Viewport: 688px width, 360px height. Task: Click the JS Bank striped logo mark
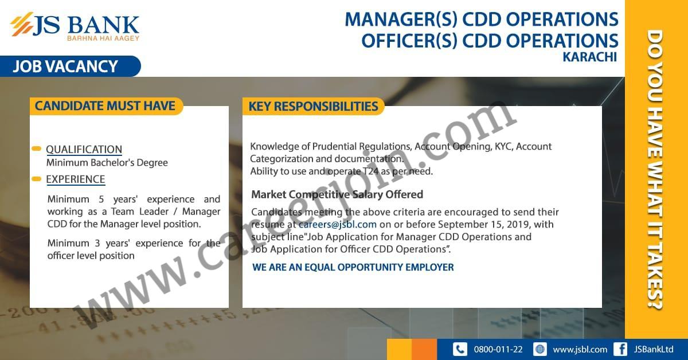[22, 24]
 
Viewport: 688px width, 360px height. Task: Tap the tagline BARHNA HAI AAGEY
[103, 38]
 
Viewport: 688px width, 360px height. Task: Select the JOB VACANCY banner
[70, 66]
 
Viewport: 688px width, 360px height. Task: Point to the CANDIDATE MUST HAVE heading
[105, 106]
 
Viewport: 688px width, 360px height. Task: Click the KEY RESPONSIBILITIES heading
[313, 106]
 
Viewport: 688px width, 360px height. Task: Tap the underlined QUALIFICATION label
[84, 150]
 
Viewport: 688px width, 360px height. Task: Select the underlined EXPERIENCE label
[76, 179]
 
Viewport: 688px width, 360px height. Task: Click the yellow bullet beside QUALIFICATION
[36, 149]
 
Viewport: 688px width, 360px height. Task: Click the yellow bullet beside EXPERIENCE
[36, 179]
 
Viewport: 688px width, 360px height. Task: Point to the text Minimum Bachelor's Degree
[107, 162]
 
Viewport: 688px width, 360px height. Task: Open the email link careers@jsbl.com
[338, 225]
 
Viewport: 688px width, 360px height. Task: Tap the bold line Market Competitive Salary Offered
[337, 194]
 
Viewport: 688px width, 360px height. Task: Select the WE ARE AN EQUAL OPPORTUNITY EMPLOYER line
[353, 267]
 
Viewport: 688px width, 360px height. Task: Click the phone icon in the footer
[460, 350]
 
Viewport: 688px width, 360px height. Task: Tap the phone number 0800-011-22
[498, 350]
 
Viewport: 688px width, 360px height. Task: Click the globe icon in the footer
[540, 350]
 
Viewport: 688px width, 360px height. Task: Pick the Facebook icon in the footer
[620, 350]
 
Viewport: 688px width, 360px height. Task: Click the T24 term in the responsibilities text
[370, 171]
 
